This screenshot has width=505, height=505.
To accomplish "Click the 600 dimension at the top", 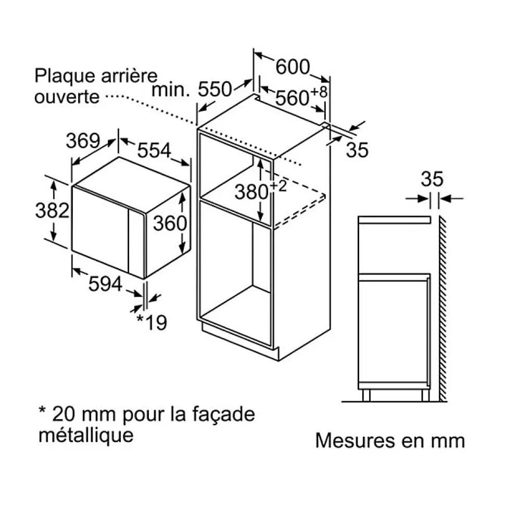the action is click(x=293, y=67).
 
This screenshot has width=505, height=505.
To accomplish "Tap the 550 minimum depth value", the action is click(x=215, y=89).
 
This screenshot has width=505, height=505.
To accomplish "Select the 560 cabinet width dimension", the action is click(x=293, y=98).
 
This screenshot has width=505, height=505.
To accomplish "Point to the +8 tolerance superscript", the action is click(x=319, y=92).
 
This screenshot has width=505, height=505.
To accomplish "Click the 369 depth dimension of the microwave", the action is click(x=83, y=141).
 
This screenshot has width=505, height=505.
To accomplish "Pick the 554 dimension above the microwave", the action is click(x=154, y=150).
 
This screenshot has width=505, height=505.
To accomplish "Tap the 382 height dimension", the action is click(x=52, y=210).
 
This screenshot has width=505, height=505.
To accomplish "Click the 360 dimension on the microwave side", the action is click(x=170, y=223).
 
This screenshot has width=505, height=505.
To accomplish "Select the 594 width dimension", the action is click(x=105, y=284).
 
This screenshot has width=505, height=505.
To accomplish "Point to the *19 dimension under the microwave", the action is click(x=151, y=322).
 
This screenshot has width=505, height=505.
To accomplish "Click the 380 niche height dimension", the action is click(x=251, y=192).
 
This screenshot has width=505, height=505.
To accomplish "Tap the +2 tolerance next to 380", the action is click(x=278, y=186).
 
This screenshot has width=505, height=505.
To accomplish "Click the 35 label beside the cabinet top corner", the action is click(x=357, y=150).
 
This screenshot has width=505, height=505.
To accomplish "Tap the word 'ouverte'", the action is click(x=67, y=97).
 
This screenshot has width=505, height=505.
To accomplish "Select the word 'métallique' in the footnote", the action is click(x=86, y=435).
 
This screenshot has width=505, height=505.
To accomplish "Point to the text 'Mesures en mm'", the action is click(x=390, y=440).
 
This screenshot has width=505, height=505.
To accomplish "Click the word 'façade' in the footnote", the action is click(x=224, y=415).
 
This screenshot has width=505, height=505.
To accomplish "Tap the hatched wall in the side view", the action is click(x=443, y=309).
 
